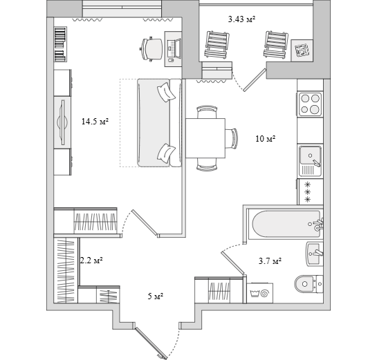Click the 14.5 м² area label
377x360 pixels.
95,122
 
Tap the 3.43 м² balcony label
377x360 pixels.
241,19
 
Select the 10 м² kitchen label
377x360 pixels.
266,139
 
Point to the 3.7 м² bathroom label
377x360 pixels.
270,260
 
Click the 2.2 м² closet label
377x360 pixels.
91,260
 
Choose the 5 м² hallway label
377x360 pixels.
156,296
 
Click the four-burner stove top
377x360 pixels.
310,104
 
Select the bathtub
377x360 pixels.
286,225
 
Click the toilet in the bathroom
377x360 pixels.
309,284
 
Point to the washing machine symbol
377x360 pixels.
259,293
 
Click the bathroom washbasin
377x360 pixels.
315,254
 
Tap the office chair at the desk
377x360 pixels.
151,49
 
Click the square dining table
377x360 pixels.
205,138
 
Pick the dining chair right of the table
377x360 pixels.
232,138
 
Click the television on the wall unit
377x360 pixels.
63,122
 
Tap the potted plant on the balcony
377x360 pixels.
302,50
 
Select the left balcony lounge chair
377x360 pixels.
217,45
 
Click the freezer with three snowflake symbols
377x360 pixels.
310,192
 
